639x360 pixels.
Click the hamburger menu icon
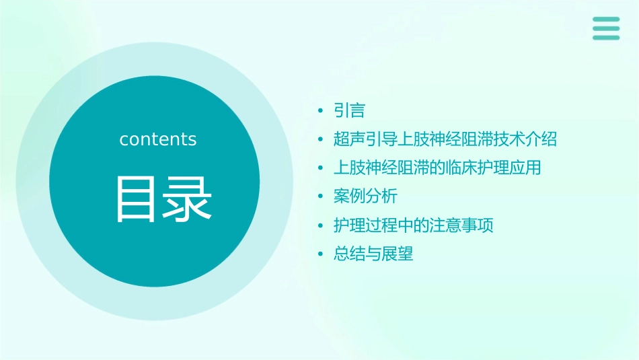[606, 28]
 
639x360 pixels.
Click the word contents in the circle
[158, 139]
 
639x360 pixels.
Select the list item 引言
[349, 110]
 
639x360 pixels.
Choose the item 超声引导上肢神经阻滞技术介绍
[445, 139]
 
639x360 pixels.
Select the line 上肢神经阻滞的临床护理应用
[437, 168]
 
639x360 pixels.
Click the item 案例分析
[365, 196]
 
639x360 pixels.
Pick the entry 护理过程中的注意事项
[413, 225]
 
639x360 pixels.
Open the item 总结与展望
[373, 254]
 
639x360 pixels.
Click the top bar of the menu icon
[606, 19]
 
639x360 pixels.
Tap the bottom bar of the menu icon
[606, 38]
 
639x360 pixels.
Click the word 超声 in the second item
[349, 139]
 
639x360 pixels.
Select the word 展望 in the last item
[397, 254]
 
